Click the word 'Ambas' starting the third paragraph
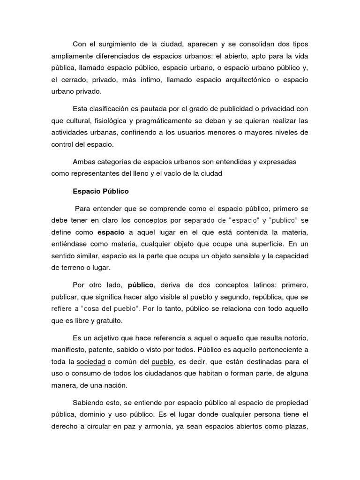click(x=83, y=162)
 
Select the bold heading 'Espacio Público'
click(x=101, y=191)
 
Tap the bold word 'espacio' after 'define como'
click(x=111, y=232)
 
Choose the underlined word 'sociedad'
click(x=90, y=361)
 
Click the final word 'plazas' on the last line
click(x=296, y=427)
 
